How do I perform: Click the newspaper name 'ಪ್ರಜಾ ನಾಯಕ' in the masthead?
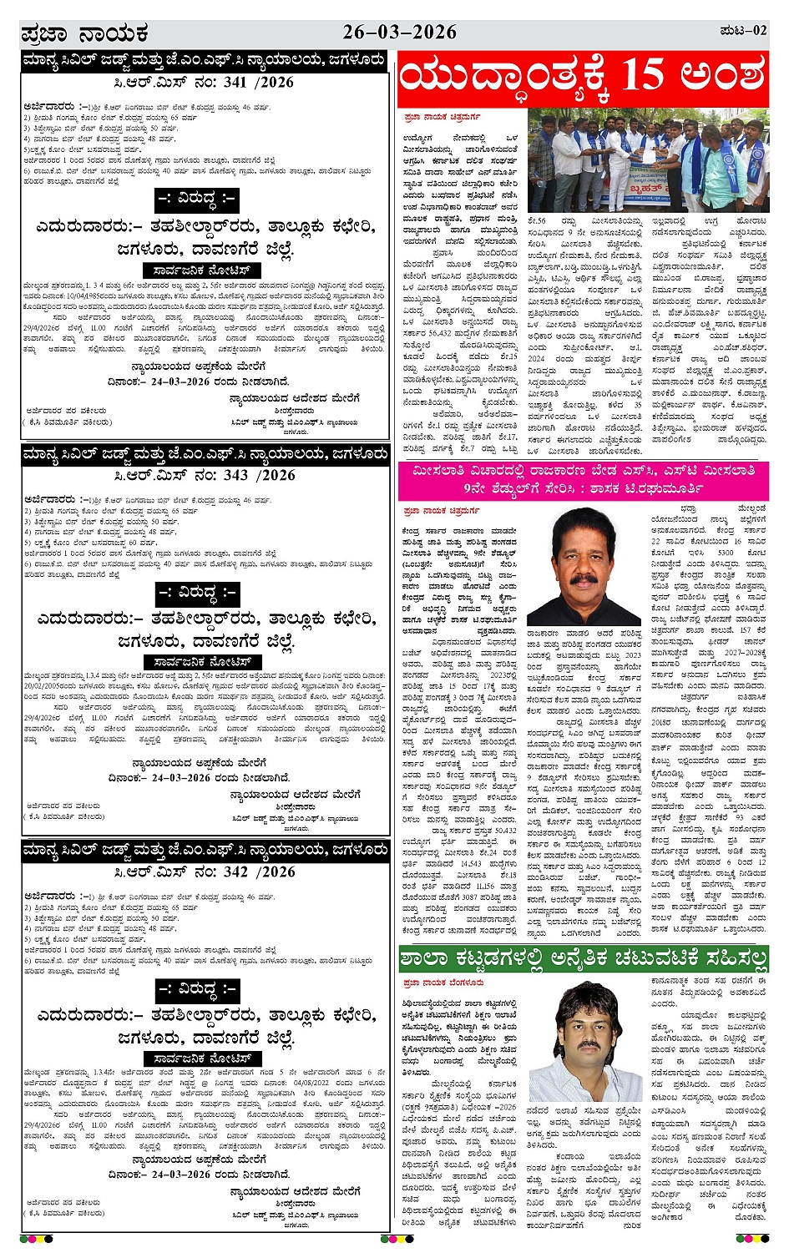(84, 33)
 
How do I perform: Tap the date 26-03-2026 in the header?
(399, 32)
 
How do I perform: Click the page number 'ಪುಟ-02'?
(741, 31)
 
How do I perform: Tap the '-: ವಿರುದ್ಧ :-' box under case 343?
(197, 594)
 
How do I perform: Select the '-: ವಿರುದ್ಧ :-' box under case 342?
(197, 990)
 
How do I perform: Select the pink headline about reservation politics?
(583, 479)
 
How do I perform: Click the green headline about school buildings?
(583, 957)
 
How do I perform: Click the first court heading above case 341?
(205, 60)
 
